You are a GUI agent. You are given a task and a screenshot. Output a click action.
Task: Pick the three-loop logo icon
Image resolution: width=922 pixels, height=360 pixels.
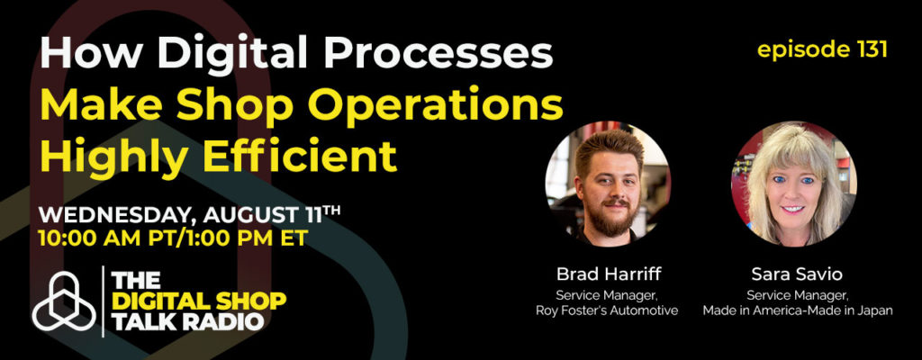tap(64, 301)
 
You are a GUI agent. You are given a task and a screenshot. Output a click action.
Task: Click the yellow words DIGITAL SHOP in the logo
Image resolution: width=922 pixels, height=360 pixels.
tap(199, 301)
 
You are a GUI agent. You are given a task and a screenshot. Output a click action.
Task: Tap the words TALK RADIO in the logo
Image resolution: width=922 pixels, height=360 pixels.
tap(188, 322)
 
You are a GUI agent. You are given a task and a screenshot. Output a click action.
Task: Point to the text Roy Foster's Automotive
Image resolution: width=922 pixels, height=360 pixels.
tap(607, 310)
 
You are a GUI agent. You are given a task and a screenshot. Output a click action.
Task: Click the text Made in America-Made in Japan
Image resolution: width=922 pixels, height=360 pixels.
tap(798, 310)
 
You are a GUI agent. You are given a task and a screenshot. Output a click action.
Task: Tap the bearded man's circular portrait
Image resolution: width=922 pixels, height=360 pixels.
tap(608, 184)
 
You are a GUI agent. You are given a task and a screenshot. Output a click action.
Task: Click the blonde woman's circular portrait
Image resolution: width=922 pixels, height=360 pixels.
tap(793, 184)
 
